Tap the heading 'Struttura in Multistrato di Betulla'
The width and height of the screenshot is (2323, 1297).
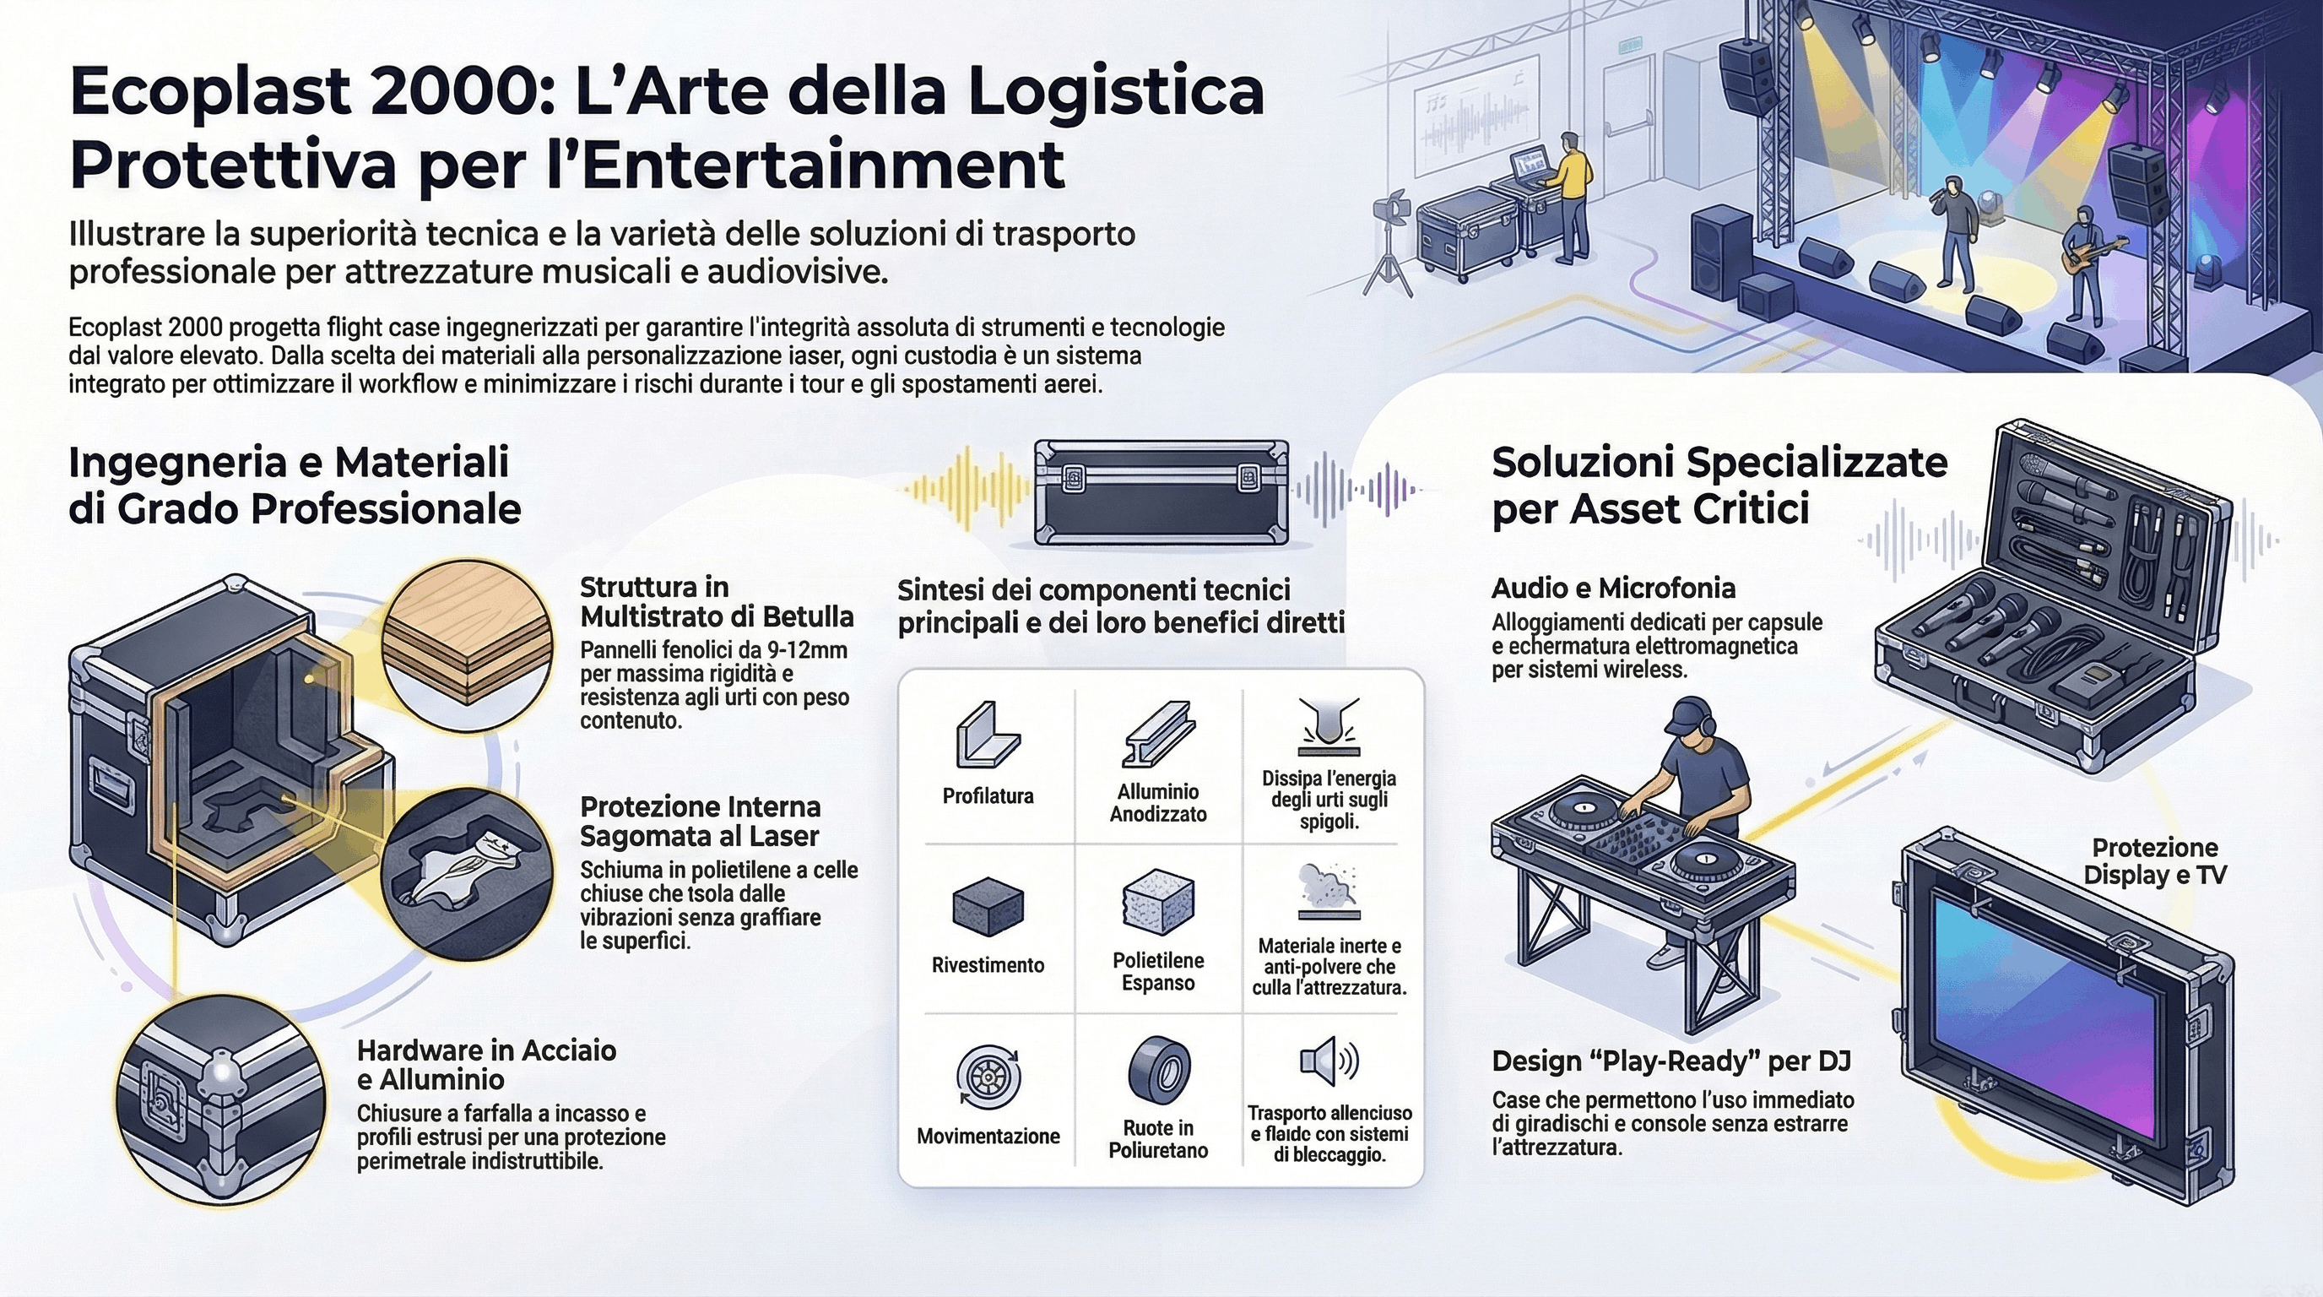point(716,601)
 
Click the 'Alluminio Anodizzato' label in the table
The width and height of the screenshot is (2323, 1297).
point(1158,803)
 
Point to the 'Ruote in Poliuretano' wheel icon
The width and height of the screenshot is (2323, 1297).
point(1159,1068)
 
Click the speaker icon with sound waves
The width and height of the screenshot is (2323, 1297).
point(1329,1061)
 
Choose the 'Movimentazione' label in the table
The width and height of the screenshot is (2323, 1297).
point(988,1136)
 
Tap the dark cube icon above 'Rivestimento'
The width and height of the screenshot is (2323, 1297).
point(988,905)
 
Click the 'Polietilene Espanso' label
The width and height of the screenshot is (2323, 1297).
point(1158,971)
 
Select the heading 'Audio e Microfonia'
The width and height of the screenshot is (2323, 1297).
point(1613,588)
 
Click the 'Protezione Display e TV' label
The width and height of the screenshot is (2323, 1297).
point(2154,860)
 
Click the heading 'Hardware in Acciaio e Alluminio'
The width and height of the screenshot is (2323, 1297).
point(487,1064)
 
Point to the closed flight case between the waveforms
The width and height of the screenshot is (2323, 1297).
point(1161,491)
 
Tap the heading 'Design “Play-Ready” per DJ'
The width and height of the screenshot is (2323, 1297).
point(1671,1061)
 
